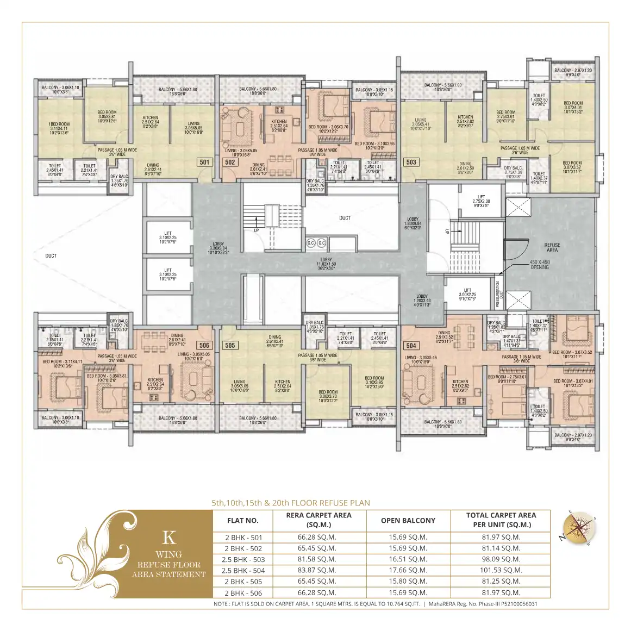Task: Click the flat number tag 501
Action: tap(204, 162)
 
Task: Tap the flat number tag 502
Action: tap(230, 162)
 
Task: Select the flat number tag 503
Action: tap(411, 162)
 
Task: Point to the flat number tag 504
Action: tap(411, 346)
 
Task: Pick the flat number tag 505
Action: tap(230, 345)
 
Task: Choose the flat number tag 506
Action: tap(204, 345)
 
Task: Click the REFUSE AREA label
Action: tap(552, 248)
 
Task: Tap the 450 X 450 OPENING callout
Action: tap(540, 265)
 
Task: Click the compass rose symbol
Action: tap(578, 528)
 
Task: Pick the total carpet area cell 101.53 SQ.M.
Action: tap(500, 570)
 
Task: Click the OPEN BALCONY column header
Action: tap(408, 520)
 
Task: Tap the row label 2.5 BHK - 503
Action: tap(243, 559)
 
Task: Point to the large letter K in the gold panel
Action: tap(169, 538)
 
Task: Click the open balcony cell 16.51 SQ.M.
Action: tap(408, 559)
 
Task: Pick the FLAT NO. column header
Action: tap(243, 520)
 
